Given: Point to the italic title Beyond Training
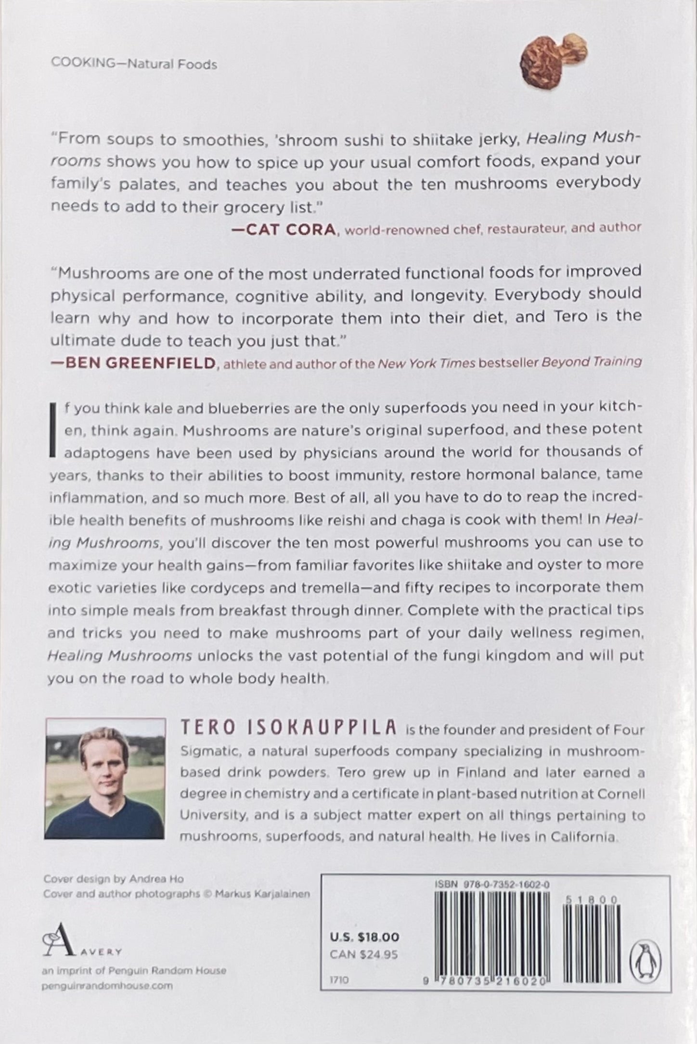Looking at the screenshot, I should [x=592, y=362].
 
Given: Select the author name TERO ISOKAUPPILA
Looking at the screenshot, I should [x=288, y=728].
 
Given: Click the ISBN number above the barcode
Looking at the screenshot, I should [x=492, y=885].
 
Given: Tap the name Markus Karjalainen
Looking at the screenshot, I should [x=262, y=894].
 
